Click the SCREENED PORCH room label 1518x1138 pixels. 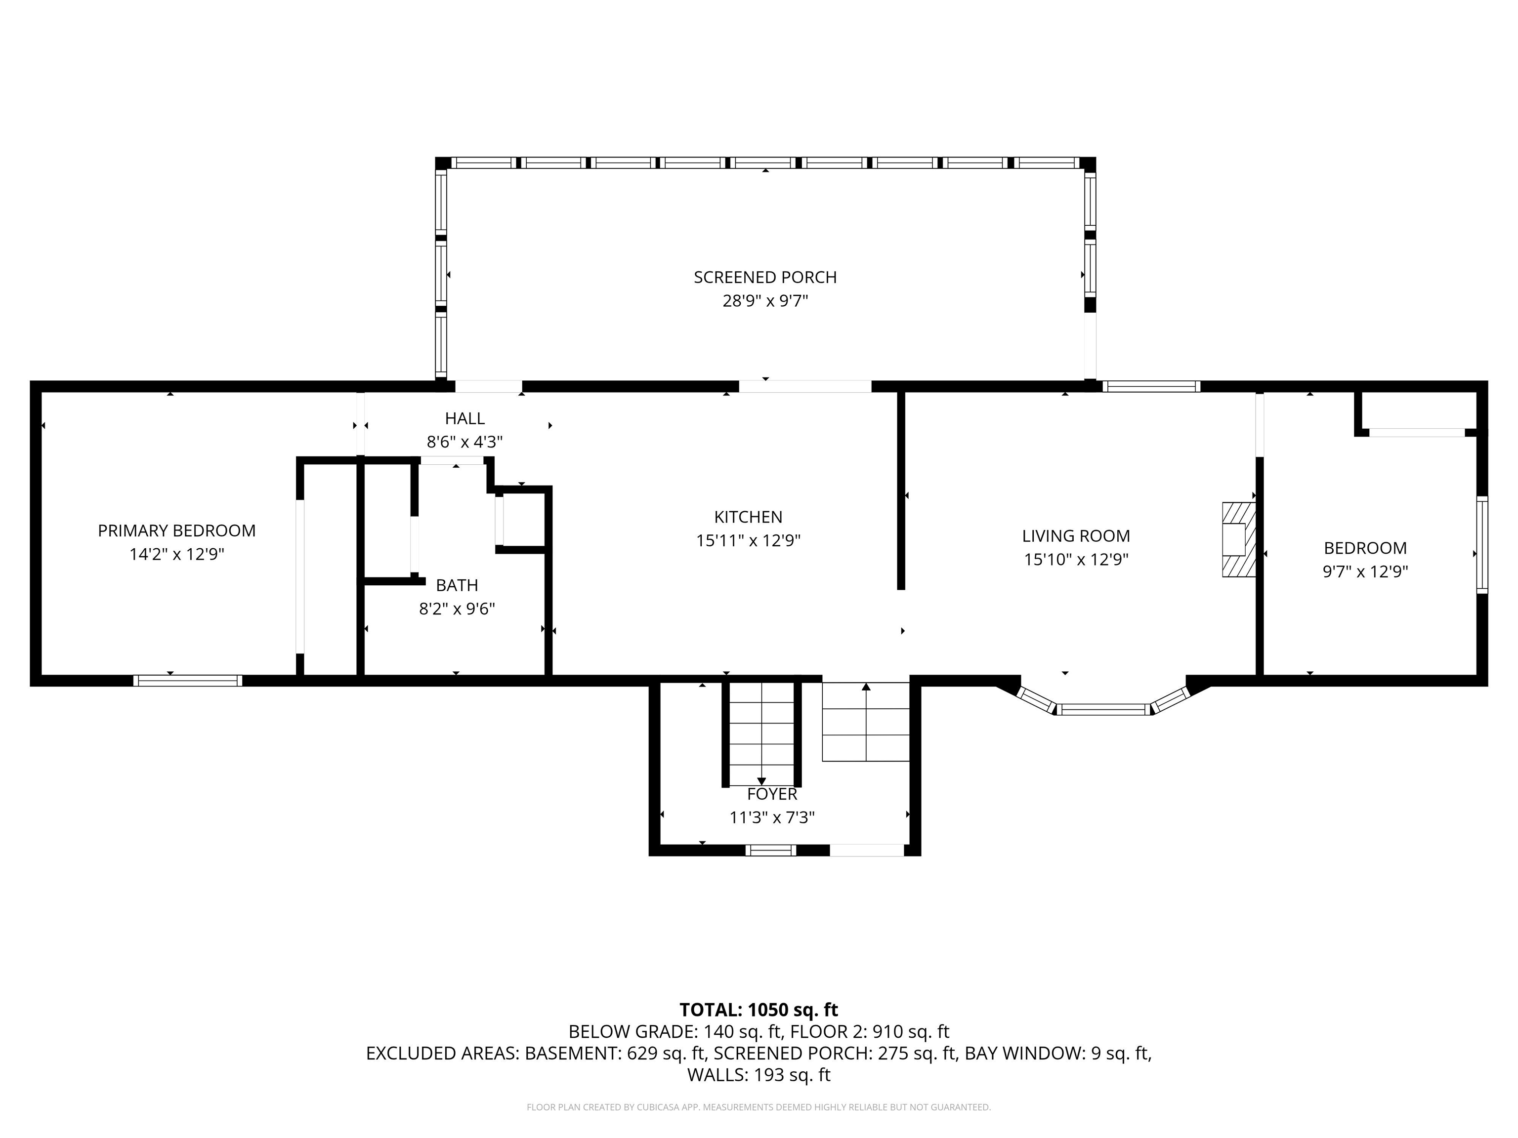(764, 277)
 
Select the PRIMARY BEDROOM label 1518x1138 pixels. (176, 530)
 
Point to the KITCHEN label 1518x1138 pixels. (748, 517)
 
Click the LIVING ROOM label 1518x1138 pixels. (1076, 536)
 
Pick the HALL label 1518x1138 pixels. (464, 418)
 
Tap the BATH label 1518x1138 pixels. (457, 585)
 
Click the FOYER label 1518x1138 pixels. (772, 794)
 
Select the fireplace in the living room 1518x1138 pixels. (1239, 540)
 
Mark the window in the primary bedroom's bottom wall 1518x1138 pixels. (187, 681)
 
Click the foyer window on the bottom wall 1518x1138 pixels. (771, 851)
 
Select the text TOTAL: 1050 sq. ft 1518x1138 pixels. (759, 1010)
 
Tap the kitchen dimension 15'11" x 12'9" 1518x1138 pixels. (748, 540)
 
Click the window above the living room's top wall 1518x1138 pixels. (1151, 386)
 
